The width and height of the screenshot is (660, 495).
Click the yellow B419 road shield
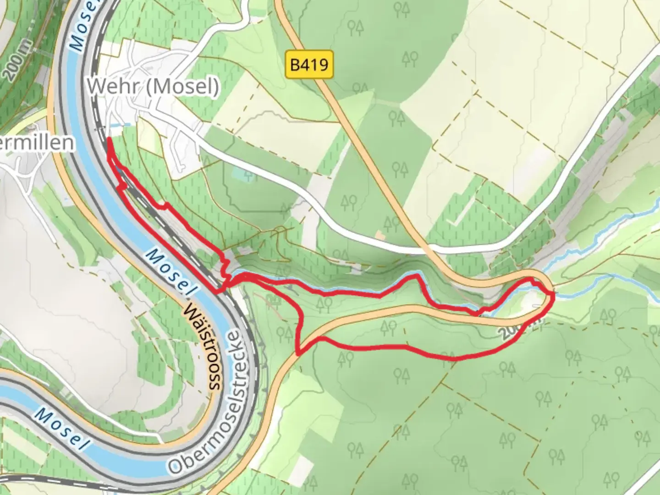(309, 65)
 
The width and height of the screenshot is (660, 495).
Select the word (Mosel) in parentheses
(182, 86)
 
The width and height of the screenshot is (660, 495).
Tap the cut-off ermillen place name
(37, 143)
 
